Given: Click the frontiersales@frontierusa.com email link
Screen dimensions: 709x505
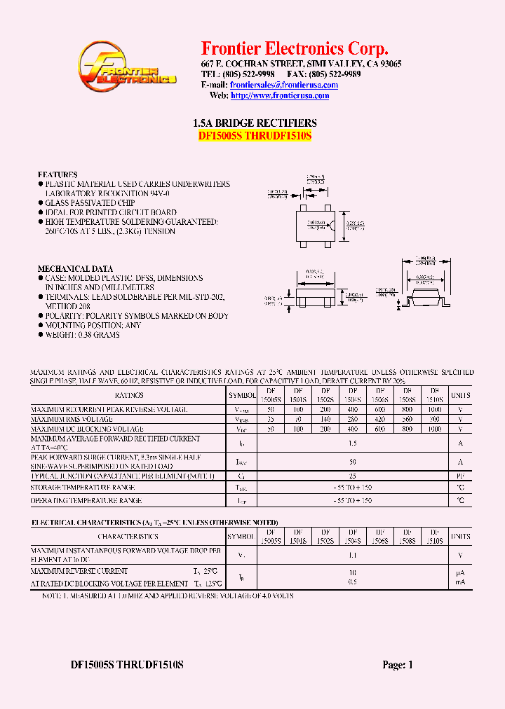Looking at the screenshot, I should click(x=284, y=85).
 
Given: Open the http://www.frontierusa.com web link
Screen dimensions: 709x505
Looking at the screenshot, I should click(x=280, y=96).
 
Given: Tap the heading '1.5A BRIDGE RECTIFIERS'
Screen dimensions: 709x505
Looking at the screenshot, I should click(x=255, y=123).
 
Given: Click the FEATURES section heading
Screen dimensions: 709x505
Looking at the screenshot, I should click(x=58, y=174).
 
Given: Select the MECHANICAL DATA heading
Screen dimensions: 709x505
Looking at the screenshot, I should click(x=75, y=269).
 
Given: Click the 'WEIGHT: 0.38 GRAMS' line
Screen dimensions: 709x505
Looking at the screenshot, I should click(x=83, y=335).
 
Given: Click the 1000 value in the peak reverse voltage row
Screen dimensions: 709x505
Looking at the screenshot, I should click(x=434, y=409).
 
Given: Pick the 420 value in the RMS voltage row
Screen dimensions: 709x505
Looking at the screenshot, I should click(x=379, y=419).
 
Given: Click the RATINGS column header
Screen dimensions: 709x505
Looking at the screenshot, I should click(x=129, y=396).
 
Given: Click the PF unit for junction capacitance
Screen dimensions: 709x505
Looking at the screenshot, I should click(x=461, y=476).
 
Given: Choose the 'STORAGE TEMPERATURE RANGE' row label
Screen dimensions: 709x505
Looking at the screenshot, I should click(x=83, y=487).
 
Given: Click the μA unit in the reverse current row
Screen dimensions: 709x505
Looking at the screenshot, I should click(x=461, y=572).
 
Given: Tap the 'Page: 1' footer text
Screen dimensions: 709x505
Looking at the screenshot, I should click(x=398, y=666).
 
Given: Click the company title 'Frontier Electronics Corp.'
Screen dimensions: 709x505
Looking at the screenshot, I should click(x=295, y=48).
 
